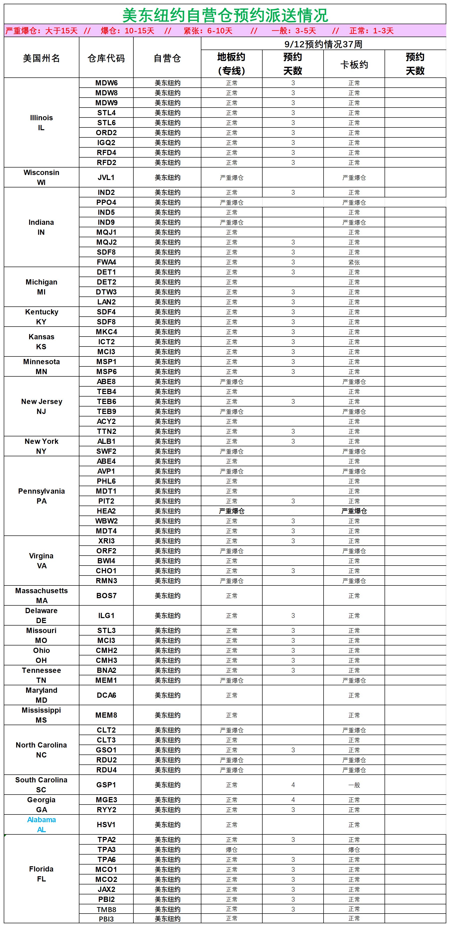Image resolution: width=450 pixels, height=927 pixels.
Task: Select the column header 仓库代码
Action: tap(106, 58)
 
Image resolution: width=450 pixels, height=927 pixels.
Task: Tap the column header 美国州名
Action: tap(41, 58)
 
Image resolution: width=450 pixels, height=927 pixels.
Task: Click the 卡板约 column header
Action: tap(354, 65)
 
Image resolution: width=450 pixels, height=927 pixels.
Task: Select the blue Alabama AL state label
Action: tap(41, 824)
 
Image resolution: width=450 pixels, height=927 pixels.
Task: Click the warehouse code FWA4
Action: tap(106, 262)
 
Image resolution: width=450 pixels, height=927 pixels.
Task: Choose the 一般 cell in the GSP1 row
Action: tap(354, 785)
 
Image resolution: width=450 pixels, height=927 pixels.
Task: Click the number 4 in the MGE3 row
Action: tap(293, 800)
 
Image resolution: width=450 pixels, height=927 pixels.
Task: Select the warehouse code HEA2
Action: tap(106, 511)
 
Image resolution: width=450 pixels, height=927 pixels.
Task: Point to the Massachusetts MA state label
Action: tap(41, 596)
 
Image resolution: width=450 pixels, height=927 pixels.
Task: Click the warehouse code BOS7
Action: tap(106, 596)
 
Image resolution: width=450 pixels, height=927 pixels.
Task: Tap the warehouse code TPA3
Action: tap(106, 850)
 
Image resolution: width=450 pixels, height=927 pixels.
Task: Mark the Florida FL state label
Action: tap(41, 874)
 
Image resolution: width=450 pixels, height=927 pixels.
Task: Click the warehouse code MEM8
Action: tap(106, 715)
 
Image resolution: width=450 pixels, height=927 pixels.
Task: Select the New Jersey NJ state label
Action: tap(41, 406)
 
